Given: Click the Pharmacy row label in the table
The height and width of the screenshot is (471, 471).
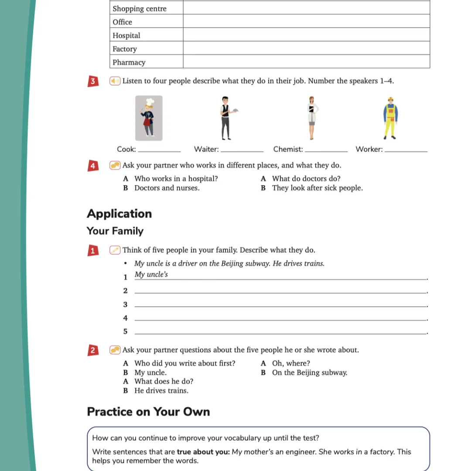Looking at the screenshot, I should (129, 62).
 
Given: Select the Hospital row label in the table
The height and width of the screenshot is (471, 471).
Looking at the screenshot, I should (126, 35).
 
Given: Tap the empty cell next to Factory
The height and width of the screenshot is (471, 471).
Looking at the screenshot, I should (306, 49).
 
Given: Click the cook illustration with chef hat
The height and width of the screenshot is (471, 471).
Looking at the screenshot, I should (149, 118).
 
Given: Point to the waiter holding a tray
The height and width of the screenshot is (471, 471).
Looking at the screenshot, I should (226, 118).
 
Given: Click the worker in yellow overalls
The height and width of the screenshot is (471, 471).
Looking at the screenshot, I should (390, 118).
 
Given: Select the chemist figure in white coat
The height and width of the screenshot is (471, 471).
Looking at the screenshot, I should (311, 118).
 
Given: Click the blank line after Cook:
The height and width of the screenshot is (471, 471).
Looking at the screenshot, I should (159, 150).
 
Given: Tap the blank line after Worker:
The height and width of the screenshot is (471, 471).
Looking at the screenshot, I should (407, 150).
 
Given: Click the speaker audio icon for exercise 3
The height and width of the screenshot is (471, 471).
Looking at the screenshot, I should (115, 81).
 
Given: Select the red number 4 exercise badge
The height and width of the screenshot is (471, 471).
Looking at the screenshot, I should (92, 166).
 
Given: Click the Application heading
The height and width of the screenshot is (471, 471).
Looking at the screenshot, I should (119, 214).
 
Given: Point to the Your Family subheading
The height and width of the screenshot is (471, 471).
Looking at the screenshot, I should (115, 231).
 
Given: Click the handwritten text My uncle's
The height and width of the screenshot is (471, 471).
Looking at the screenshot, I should (151, 275).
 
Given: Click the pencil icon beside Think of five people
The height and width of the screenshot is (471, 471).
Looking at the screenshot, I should (115, 250).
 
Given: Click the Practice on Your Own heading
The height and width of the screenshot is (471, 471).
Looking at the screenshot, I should (148, 412).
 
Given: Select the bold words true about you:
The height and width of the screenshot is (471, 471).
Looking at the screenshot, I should (203, 452).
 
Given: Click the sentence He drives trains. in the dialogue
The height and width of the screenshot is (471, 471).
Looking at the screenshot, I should (161, 391).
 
